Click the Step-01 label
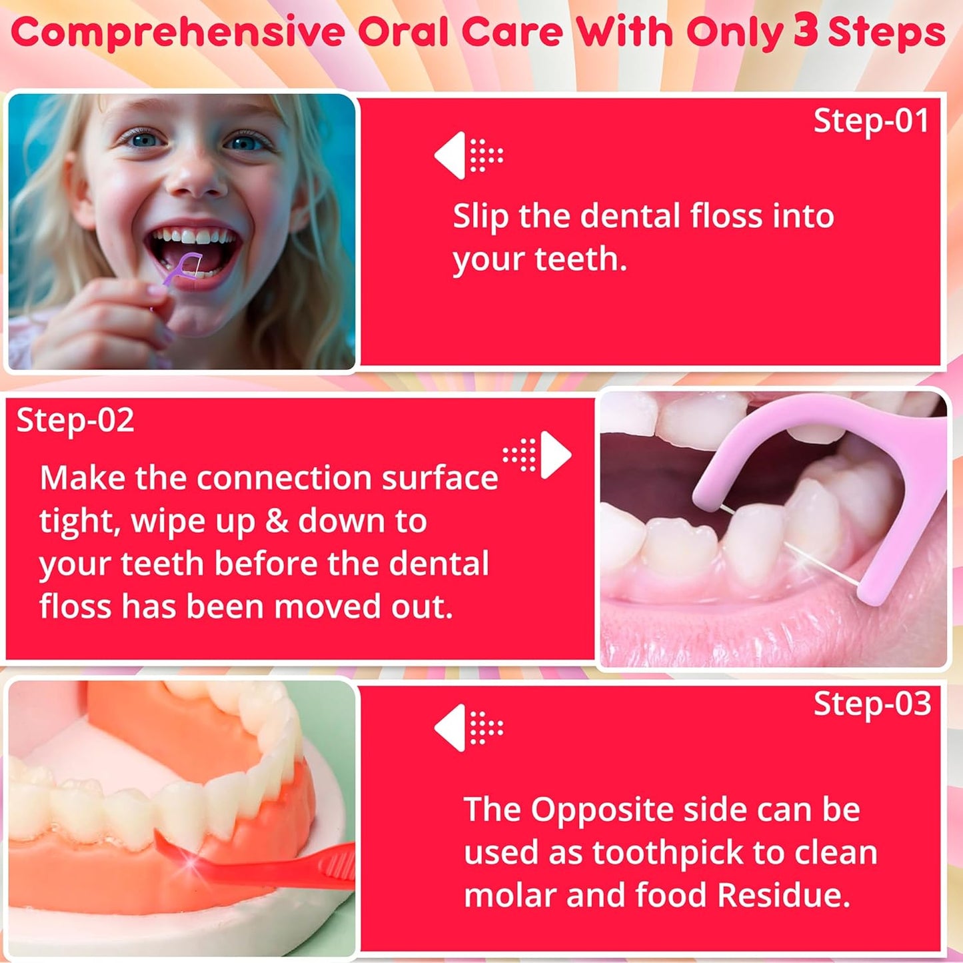[870, 121]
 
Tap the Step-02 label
[75, 421]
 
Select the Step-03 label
[872, 704]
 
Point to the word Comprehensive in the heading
[179, 33]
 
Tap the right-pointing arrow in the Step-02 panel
[555, 455]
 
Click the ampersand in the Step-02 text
[277, 521]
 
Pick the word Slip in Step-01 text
[481, 217]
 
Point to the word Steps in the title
[886, 32]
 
